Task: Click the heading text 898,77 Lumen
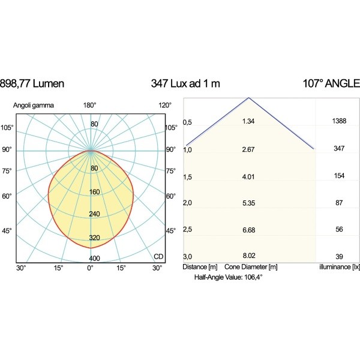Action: [32, 83]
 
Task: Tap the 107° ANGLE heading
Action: [331, 83]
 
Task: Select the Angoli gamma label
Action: [34, 106]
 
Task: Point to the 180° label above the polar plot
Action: [90, 106]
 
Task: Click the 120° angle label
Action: [165, 106]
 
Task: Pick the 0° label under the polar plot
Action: [91, 268]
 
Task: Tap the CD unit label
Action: [158, 257]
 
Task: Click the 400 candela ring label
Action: [94, 259]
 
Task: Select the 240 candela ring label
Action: [94, 214]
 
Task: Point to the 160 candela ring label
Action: [94, 193]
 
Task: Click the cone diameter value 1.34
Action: [248, 122]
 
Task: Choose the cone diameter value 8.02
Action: [248, 256]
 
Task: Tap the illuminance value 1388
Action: [339, 122]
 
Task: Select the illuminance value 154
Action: [339, 176]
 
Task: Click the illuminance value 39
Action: [339, 256]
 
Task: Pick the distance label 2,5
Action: [188, 230]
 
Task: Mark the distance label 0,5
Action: [188, 122]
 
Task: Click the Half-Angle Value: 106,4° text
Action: [229, 278]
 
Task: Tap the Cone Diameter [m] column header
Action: [251, 266]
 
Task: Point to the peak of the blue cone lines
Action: [249, 98]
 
